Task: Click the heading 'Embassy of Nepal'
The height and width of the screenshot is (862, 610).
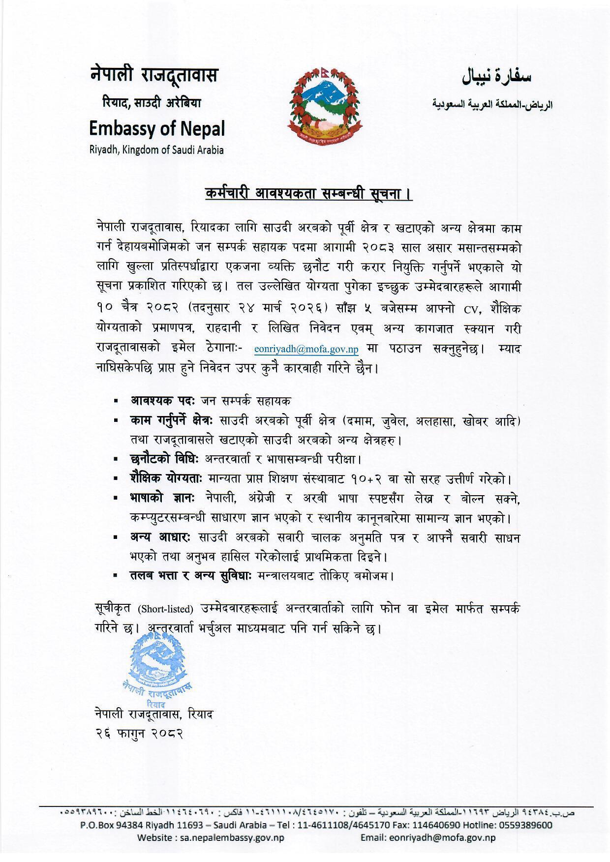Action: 157,129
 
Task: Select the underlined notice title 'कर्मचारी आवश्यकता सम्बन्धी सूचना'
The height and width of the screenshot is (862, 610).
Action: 308,193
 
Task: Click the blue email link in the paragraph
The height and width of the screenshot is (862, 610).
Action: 306,350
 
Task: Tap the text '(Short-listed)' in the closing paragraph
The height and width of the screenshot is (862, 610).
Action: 165,609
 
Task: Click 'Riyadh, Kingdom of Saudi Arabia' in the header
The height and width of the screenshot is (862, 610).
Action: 156,150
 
